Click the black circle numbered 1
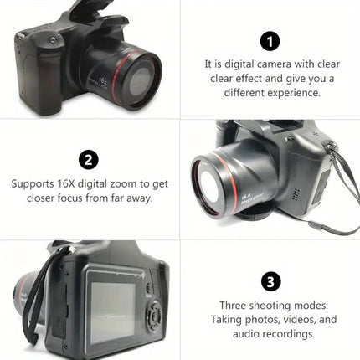coord(270,41)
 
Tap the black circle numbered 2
coord(90,160)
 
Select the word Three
coord(235,305)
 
